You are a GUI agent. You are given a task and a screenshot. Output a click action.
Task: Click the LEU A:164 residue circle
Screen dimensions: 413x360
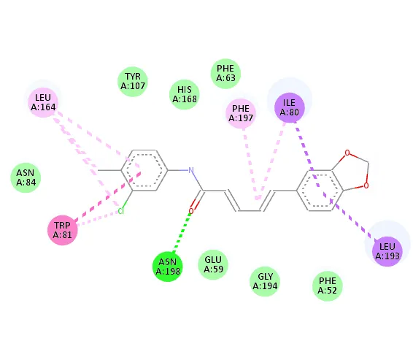click(43, 102)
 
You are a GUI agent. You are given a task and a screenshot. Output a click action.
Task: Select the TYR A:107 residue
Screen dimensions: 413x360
click(133, 82)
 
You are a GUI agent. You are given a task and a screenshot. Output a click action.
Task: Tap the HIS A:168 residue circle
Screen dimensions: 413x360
click(185, 94)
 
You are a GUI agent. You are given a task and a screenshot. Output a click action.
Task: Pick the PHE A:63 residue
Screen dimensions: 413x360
click(225, 74)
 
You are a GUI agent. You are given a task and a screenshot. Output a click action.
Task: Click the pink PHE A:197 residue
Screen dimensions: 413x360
click(241, 113)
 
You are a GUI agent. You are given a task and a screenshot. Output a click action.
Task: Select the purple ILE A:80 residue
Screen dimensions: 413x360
click(290, 107)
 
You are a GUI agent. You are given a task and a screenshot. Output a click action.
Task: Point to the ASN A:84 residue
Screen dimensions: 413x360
click(26, 177)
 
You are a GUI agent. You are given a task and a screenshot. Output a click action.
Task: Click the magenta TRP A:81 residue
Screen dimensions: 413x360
click(63, 230)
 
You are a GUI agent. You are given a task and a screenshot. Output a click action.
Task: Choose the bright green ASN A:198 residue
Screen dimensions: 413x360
click(168, 267)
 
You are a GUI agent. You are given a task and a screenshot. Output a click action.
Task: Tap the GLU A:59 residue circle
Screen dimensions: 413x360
click(213, 264)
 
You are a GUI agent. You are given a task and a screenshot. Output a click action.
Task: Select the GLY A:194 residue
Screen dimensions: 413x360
click(265, 281)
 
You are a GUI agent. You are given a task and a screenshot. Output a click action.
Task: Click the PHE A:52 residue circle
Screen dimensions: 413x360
click(328, 286)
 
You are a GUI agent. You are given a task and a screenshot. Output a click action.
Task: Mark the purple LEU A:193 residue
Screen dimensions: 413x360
click(387, 251)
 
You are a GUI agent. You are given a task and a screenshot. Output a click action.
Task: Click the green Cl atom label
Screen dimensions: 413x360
click(120, 211)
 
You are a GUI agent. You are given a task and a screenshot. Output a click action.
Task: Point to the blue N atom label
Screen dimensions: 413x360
click(191, 170)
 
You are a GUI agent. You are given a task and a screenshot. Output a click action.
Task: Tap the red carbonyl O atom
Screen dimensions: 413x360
click(191, 211)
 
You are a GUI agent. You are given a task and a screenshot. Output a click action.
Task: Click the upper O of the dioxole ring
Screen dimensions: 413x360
click(347, 153)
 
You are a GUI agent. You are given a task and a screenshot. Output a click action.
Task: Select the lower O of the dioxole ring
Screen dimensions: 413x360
click(366, 185)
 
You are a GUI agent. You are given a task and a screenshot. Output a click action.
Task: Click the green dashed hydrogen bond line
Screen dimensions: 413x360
click(182, 232)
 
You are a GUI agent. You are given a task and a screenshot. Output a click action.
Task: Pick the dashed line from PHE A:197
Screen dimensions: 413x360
click(251, 164)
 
